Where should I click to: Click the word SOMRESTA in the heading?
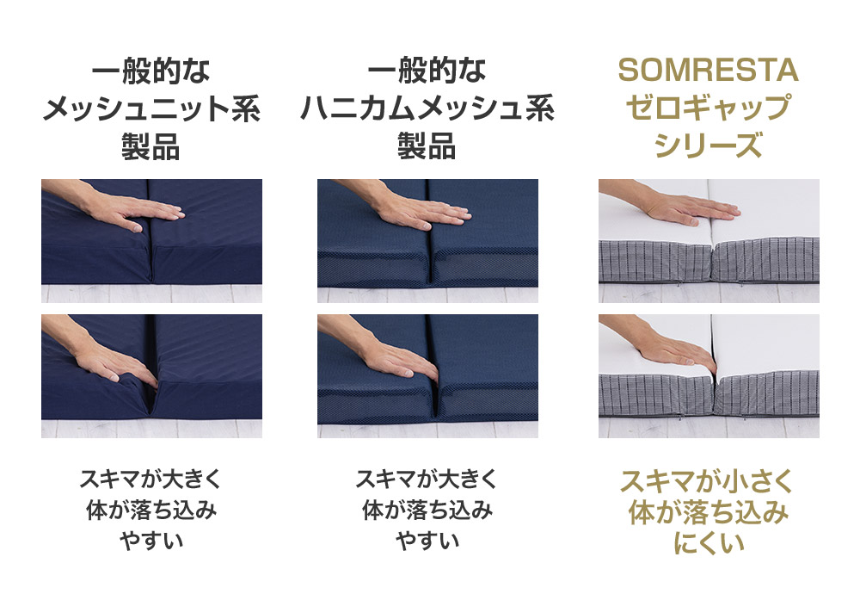coord(709,71)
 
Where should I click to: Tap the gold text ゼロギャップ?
coord(709,108)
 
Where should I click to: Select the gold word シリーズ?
coord(709,146)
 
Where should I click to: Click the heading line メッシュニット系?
coord(151,109)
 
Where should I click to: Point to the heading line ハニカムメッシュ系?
coord(427,109)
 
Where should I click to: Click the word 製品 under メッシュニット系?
coord(151,147)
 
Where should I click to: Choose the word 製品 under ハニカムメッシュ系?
coord(427,147)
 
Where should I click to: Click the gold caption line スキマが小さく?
coord(709,480)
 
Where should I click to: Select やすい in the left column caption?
coord(151,541)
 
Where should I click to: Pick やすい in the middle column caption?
coord(427,541)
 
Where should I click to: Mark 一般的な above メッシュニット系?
coord(151,71)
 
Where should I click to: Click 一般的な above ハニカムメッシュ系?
coord(427,71)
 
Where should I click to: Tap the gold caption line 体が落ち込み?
coord(709,513)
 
